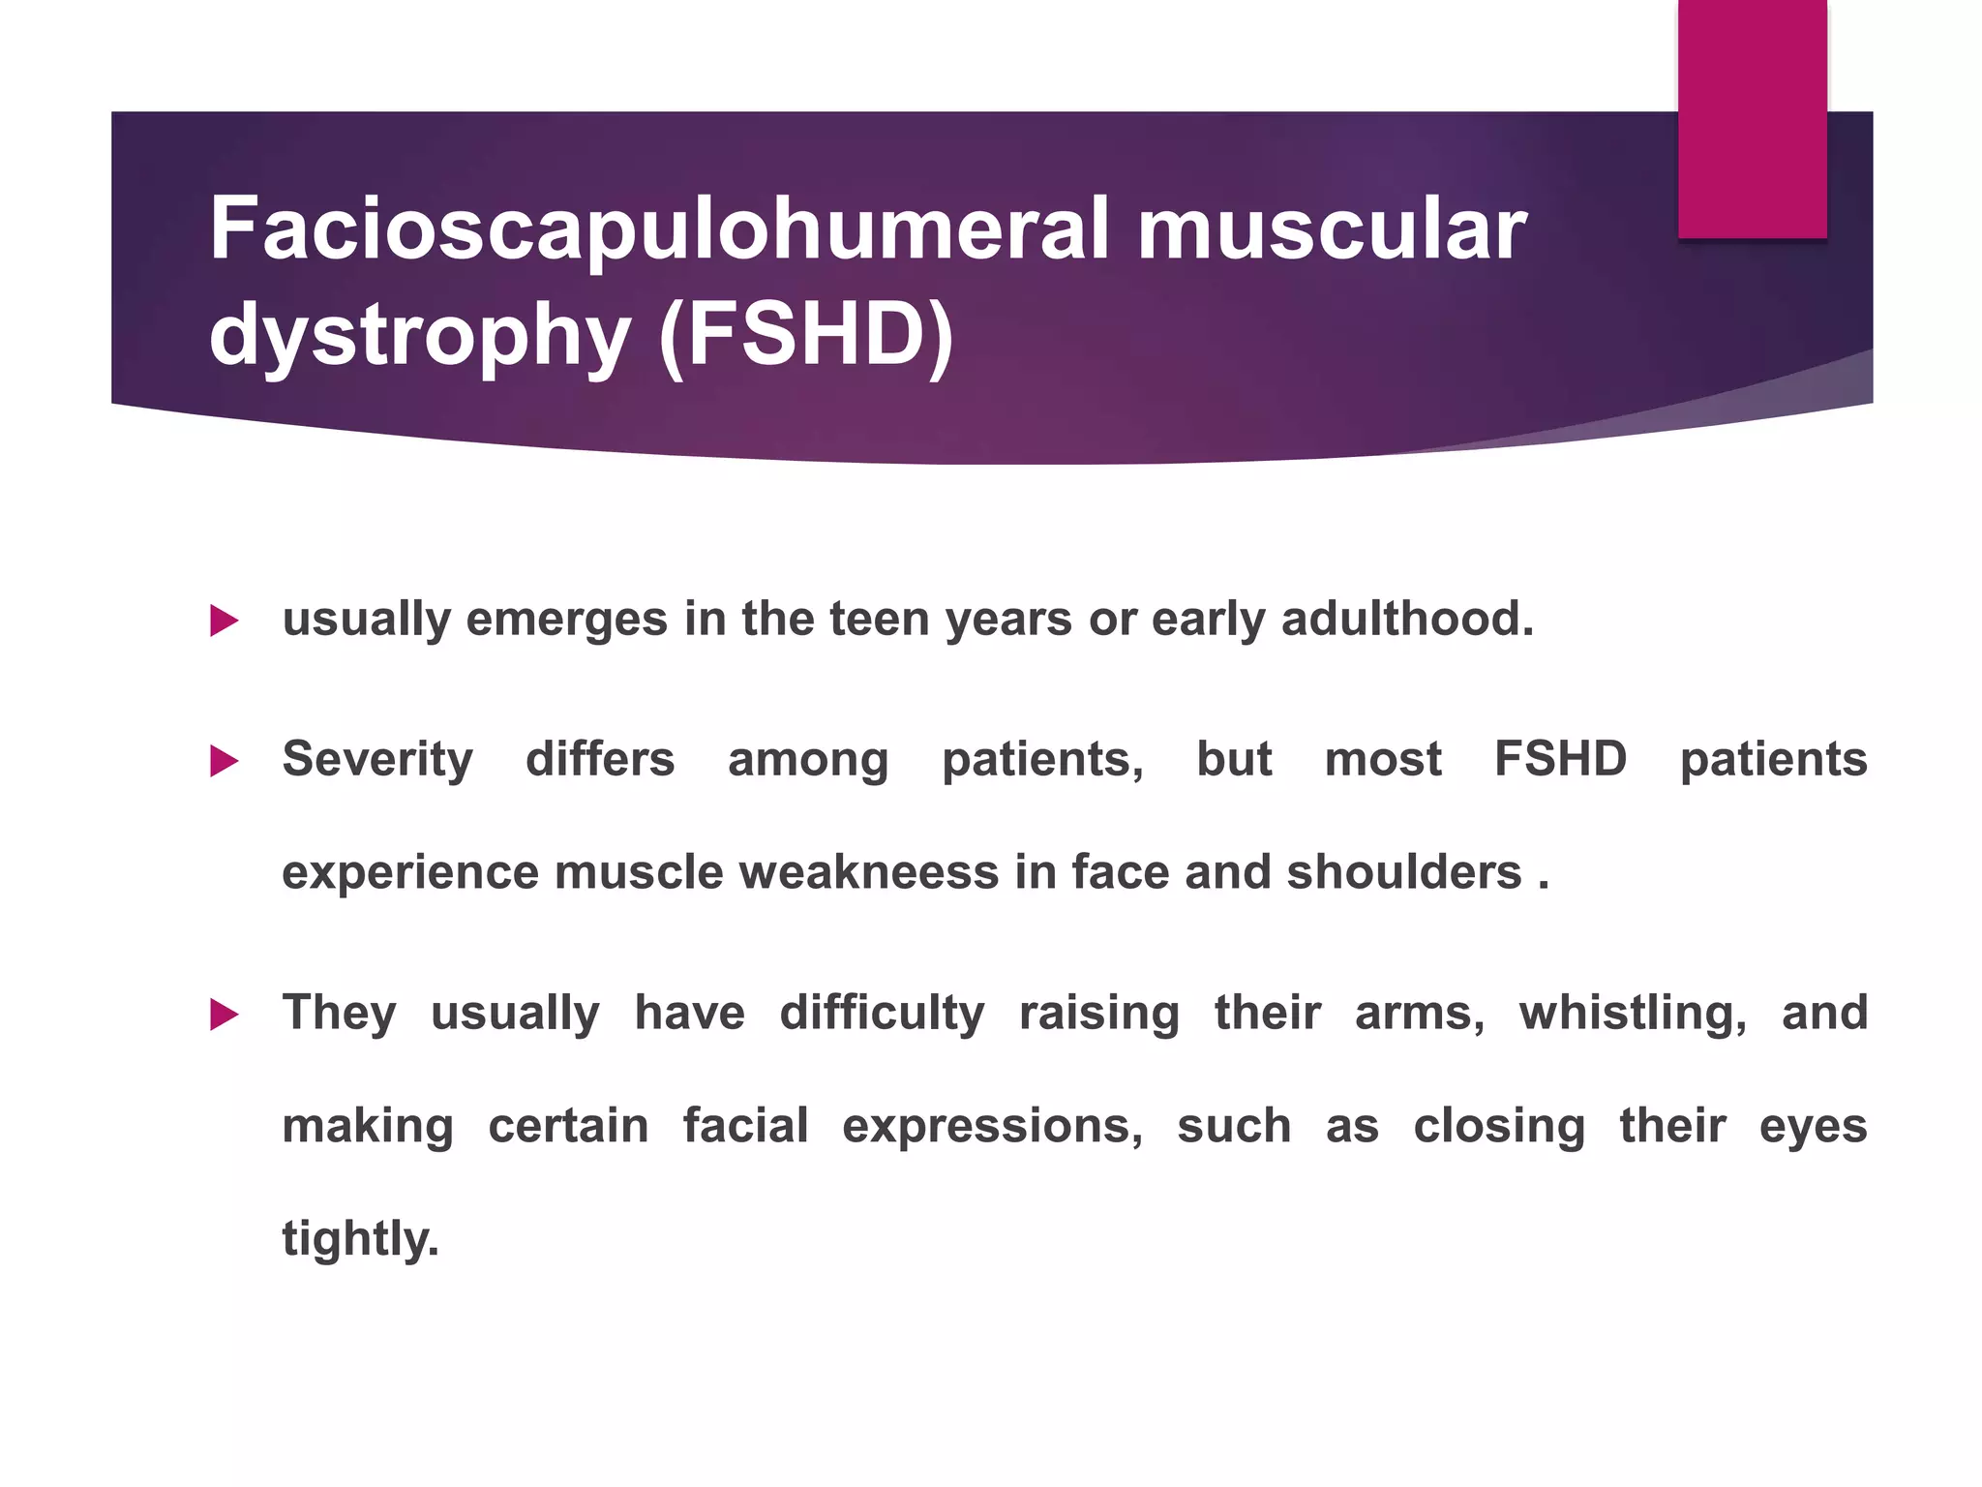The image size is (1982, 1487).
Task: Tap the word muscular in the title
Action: pyautogui.click(x=1332, y=229)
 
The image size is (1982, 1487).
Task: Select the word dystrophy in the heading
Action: pyautogui.click(x=420, y=336)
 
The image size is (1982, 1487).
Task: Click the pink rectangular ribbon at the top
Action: pyautogui.click(x=1752, y=118)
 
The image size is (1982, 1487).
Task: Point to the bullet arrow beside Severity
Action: pyautogui.click(x=224, y=761)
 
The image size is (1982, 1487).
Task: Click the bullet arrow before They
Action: pyautogui.click(x=224, y=1015)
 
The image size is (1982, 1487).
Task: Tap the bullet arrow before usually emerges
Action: pyautogui.click(x=224, y=621)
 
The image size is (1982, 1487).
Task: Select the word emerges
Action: pyautogui.click(x=566, y=620)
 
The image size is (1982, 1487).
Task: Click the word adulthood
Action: pyautogui.click(x=1407, y=618)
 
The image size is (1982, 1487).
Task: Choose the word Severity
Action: pyautogui.click(x=377, y=760)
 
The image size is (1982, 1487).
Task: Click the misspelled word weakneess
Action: pyautogui.click(x=868, y=871)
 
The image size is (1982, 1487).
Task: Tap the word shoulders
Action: pyautogui.click(x=1404, y=871)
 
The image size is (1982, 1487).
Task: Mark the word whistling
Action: pyautogui.click(x=1633, y=1014)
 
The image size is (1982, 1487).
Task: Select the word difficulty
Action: pyautogui.click(x=882, y=1015)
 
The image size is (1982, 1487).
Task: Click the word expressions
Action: pyautogui.click(x=992, y=1127)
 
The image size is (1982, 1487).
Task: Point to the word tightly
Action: pyautogui.click(x=360, y=1239)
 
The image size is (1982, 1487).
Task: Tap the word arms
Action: pyautogui.click(x=1419, y=1014)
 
